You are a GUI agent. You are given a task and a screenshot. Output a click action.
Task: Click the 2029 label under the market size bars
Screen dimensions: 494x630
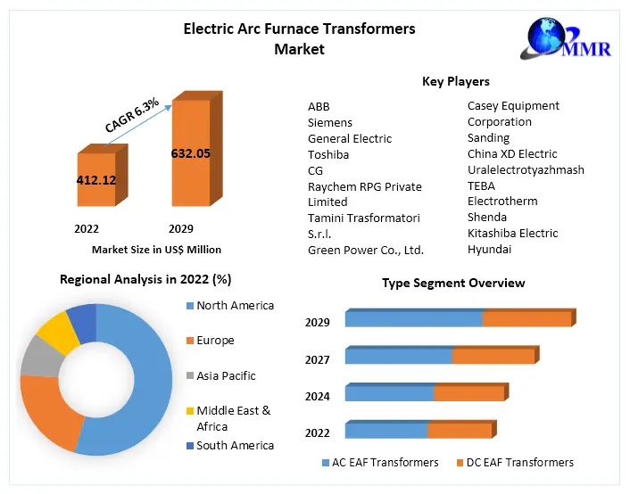pyautogui.click(x=181, y=228)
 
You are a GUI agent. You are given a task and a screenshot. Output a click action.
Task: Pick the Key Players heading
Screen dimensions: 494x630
pyautogui.click(x=455, y=81)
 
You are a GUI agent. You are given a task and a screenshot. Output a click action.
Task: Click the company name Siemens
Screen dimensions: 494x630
pyautogui.click(x=330, y=122)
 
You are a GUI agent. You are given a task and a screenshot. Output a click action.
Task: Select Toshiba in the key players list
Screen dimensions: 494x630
pyautogui.click(x=328, y=154)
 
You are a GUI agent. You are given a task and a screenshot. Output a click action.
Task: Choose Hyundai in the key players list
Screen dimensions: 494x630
pyautogui.click(x=489, y=250)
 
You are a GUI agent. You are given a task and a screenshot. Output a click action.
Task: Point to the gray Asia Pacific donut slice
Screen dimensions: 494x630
pyautogui.click(x=37, y=357)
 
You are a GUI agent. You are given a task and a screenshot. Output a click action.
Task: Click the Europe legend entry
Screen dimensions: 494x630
pyautogui.click(x=215, y=341)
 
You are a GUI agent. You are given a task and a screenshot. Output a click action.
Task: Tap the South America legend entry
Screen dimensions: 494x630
pyautogui.click(x=235, y=445)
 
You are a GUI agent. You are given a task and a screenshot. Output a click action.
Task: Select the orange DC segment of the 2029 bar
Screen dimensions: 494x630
pyautogui.click(x=526, y=318)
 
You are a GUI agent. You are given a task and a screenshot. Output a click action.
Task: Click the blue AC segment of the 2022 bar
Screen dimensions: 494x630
pyautogui.click(x=385, y=431)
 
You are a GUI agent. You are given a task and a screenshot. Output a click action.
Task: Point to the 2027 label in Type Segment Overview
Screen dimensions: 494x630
pyautogui.click(x=317, y=359)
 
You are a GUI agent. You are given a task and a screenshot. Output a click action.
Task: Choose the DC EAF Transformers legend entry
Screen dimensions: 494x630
pyautogui.click(x=514, y=462)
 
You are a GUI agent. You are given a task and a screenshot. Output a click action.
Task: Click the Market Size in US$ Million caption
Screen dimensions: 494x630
pyautogui.click(x=156, y=250)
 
